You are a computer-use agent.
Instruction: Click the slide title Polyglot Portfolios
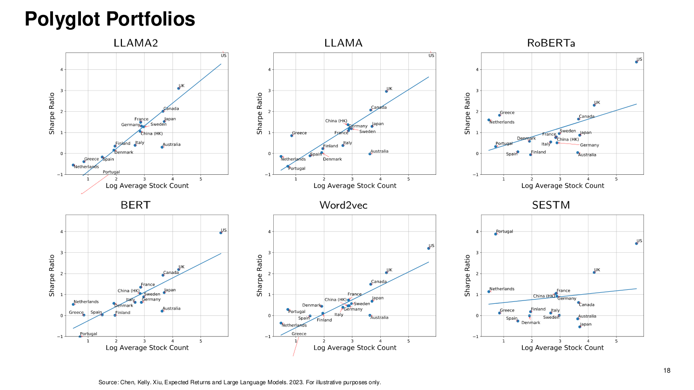pyautogui.click(x=110, y=19)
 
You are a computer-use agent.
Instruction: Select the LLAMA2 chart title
pyautogui.click(x=136, y=43)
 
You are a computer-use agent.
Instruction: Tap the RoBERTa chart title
pyautogui.click(x=551, y=43)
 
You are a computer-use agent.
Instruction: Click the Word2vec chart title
pyautogui.click(x=343, y=205)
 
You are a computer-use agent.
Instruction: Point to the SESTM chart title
pyautogui.click(x=551, y=205)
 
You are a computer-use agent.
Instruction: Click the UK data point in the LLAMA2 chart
pyautogui.click(x=178, y=89)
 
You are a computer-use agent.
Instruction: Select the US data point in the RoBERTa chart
pyautogui.click(x=636, y=62)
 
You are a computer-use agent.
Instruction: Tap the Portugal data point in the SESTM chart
pyautogui.click(x=496, y=234)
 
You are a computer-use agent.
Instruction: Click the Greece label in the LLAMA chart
pyautogui.click(x=299, y=133)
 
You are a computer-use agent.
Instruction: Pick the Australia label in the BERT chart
pyautogui.click(x=172, y=308)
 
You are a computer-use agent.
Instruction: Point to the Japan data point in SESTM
pyautogui.click(x=580, y=327)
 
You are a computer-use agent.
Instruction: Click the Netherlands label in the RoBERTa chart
pyautogui.click(x=502, y=122)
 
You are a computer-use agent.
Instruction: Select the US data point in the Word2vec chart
pyautogui.click(x=428, y=248)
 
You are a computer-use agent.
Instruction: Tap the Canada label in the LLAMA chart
pyautogui.click(x=379, y=107)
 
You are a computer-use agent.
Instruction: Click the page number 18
pyautogui.click(x=667, y=371)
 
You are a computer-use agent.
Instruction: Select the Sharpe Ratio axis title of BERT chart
pyautogui.click(x=52, y=275)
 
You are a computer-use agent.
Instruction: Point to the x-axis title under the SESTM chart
pyautogui.click(x=562, y=348)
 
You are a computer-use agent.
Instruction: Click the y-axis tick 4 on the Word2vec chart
pyautogui.click(x=269, y=232)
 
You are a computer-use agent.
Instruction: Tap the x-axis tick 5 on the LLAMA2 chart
pyautogui.click(x=201, y=179)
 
